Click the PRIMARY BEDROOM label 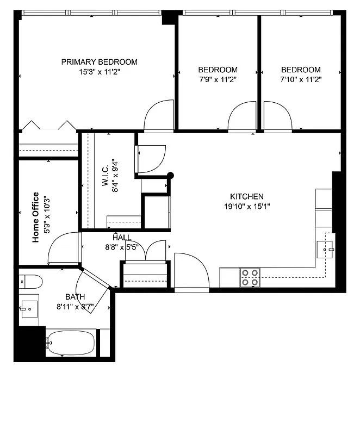(x=99, y=62)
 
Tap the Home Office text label (x=36, y=217)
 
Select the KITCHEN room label (x=247, y=197)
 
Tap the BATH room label (x=75, y=297)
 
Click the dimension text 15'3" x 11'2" (x=99, y=72)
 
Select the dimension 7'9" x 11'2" (x=218, y=79)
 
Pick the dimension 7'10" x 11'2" (x=301, y=79)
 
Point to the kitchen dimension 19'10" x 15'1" (x=247, y=207)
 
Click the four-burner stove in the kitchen (x=250, y=277)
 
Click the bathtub (x=71, y=343)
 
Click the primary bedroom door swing (x=159, y=115)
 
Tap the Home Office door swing (x=63, y=247)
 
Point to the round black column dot (x=171, y=175)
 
